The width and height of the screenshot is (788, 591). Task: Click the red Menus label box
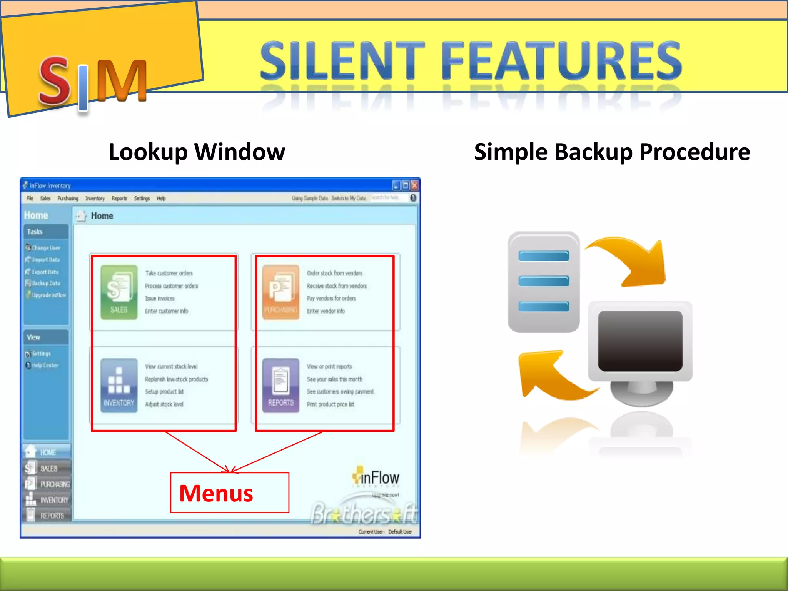tap(229, 493)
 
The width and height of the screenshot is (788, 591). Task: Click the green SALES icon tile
tap(119, 292)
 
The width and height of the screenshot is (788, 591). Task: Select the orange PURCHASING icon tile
tap(280, 292)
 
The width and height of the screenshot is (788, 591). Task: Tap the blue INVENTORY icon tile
tap(119, 386)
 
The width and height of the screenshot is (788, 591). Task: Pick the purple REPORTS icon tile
tap(280, 386)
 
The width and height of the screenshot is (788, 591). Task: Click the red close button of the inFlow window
tap(414, 185)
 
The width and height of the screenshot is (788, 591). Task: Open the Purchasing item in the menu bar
tap(68, 199)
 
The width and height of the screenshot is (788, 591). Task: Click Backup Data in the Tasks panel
tap(45, 283)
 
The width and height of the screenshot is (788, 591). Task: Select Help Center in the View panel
tap(45, 365)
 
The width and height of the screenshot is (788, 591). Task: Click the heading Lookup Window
tap(197, 152)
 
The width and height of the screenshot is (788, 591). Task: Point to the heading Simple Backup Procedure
tap(612, 152)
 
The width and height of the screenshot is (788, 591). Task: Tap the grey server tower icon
tap(543, 282)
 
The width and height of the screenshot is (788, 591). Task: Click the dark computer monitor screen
tap(640, 341)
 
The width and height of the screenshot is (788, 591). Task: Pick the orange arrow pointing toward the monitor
tap(631, 262)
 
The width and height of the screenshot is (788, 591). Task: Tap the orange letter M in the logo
tap(121, 81)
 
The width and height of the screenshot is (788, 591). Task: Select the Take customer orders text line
tap(169, 273)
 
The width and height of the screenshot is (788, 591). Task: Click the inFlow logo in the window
tap(376, 478)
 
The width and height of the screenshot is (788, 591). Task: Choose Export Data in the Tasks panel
tap(45, 272)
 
